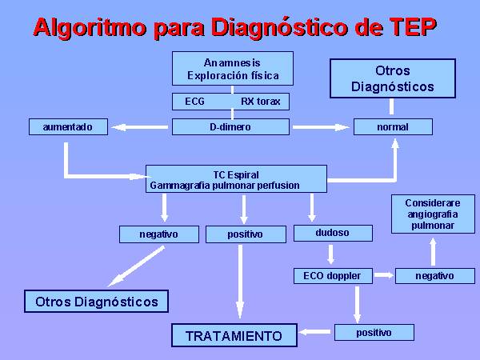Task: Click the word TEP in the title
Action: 412,27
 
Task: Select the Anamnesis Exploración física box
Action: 233,69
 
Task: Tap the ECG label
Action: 194,102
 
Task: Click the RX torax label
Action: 261,102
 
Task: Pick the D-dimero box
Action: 230,126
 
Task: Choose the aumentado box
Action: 68,126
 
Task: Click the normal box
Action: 393,126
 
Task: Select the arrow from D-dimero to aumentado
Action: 139,127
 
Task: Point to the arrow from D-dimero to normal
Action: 321,127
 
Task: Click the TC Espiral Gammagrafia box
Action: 236,179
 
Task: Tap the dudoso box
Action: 333,233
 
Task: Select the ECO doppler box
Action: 333,276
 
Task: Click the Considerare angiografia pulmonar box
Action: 433,214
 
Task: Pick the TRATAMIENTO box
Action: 234,335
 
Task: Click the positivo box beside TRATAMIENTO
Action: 374,333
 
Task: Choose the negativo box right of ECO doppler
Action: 435,276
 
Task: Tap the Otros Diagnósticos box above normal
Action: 393,78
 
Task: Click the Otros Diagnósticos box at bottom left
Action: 97,302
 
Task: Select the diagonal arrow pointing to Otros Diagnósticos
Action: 137,266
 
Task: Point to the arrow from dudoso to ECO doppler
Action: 330,254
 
